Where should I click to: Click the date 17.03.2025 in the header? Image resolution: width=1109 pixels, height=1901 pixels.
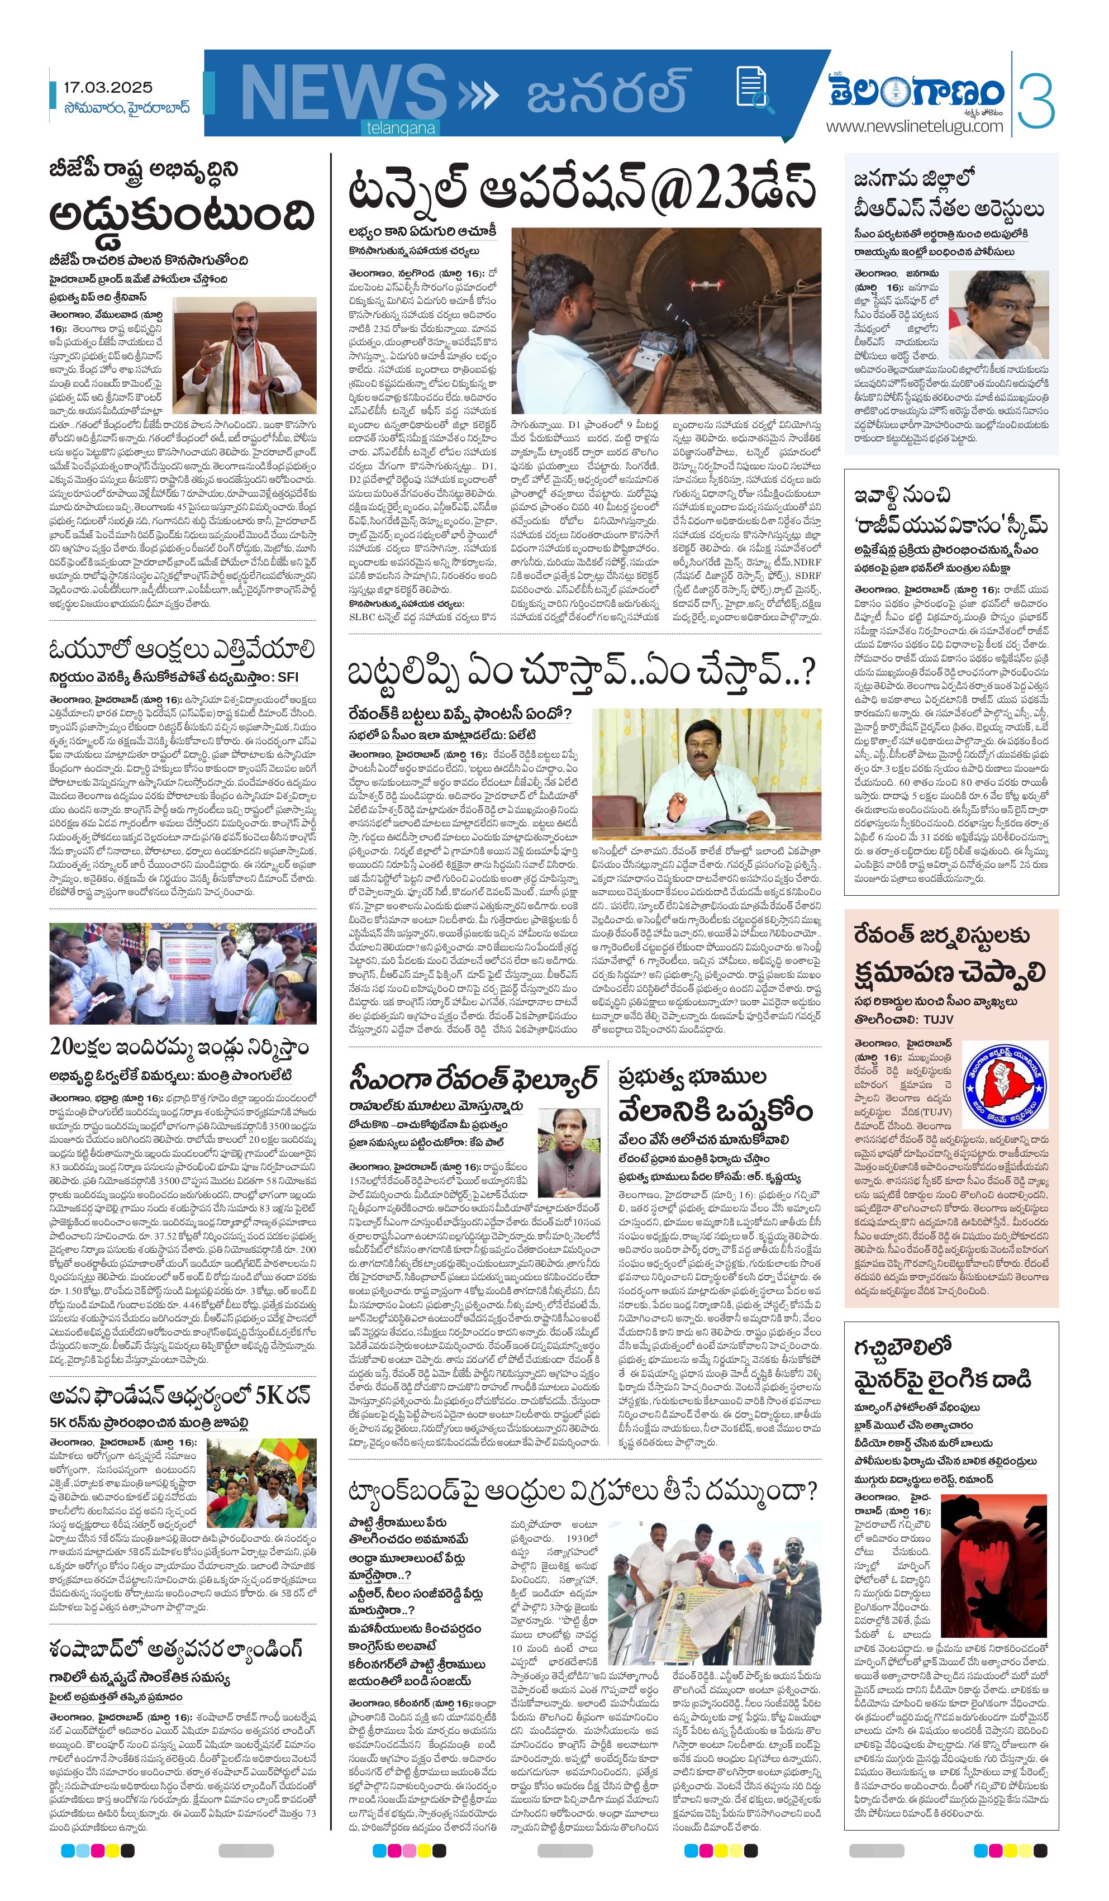[x=107, y=88]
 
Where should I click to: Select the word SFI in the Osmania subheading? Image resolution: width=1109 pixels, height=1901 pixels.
[x=288, y=677]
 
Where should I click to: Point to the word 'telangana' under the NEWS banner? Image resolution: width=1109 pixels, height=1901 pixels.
[x=401, y=129]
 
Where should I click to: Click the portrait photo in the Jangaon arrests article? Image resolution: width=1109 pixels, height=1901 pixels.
[x=997, y=315]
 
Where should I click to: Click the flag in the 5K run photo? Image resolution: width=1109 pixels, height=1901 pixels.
[x=279, y=1451]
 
